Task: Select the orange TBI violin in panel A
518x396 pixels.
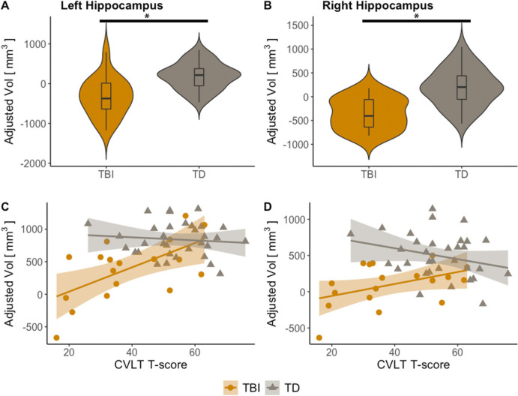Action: click(106, 97)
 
